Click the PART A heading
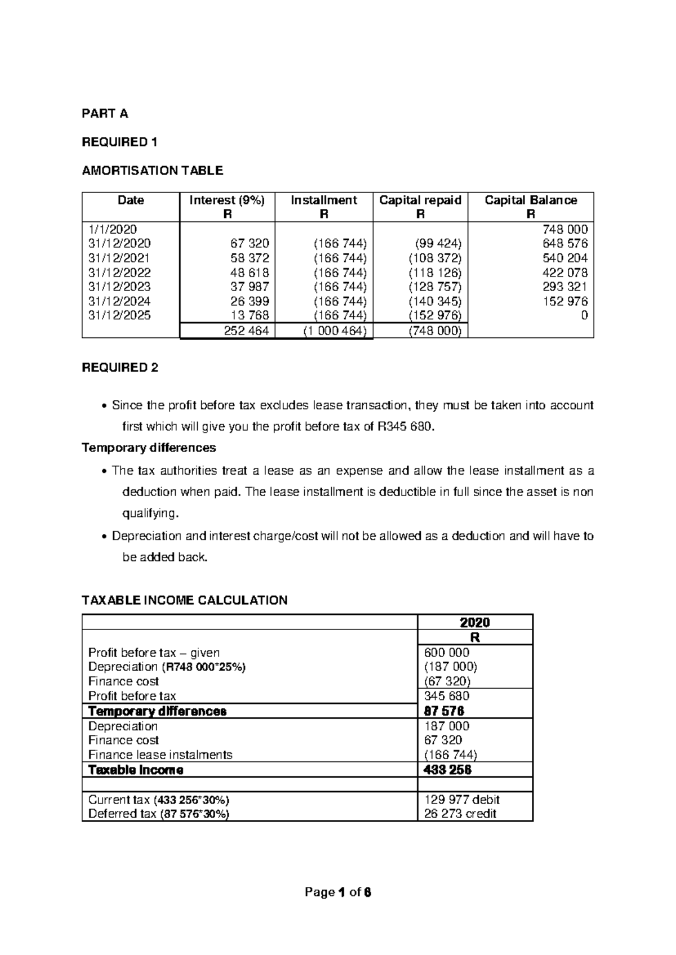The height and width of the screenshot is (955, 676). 105,114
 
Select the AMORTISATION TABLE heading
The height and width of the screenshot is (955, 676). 152,171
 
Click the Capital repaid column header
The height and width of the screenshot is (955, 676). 420,200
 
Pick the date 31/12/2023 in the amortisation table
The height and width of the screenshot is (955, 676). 119,287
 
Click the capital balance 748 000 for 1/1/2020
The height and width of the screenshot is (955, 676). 565,230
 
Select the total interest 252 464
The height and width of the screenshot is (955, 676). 246,331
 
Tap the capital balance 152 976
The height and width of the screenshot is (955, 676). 565,301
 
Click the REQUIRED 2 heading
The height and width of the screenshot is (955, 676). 120,368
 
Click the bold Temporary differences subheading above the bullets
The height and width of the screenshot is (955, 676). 149,448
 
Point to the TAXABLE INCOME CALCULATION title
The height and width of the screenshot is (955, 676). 185,600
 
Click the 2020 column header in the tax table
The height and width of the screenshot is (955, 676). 475,622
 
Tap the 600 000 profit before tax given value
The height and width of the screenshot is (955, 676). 447,653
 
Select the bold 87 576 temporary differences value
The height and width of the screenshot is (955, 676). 444,711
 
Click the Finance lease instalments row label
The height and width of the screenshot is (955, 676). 160,755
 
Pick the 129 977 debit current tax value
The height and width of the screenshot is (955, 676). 461,800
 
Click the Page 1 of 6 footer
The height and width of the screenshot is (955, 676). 338,892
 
